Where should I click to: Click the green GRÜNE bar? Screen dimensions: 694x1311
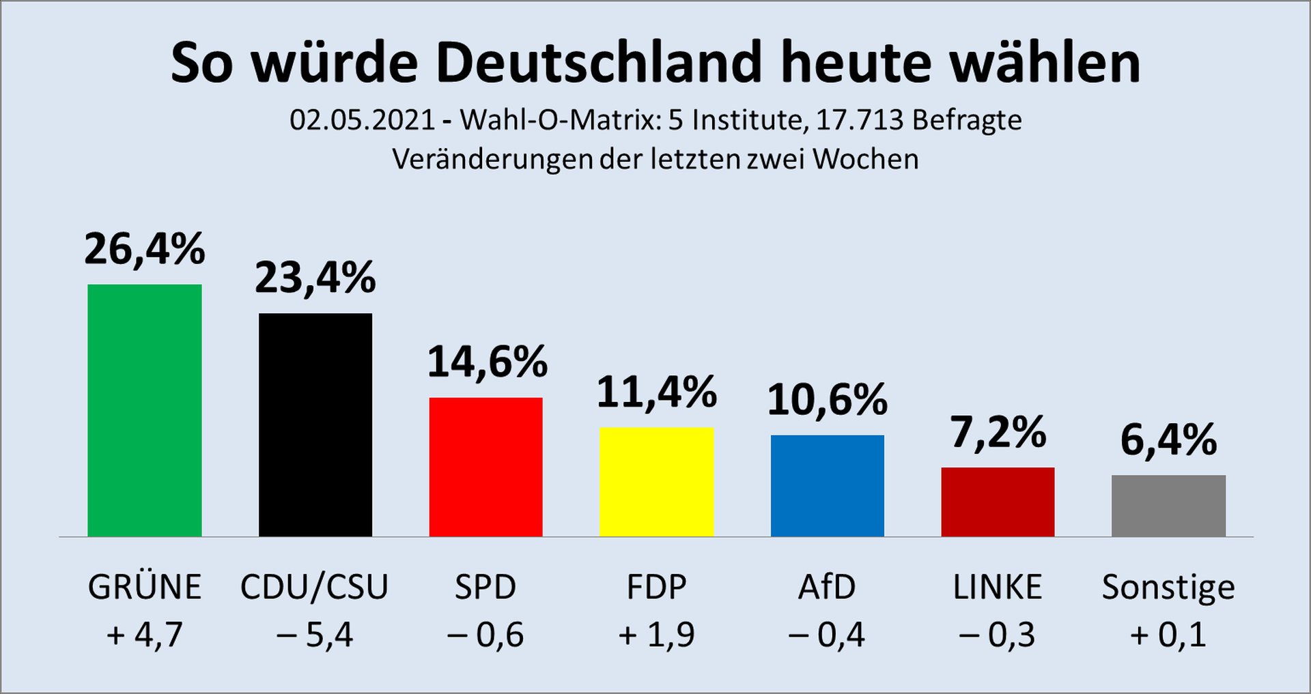[145, 410]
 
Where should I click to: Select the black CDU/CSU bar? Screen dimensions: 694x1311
[315, 424]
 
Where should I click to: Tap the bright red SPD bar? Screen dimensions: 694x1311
[485, 467]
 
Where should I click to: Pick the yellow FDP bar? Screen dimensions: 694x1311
[656, 482]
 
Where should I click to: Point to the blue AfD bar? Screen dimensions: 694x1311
[827, 486]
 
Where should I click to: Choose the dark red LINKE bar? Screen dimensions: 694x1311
[998, 502]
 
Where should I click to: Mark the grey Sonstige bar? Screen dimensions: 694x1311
[1168, 506]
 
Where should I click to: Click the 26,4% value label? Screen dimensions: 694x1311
[145, 249]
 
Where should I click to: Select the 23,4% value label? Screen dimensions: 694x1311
[315, 278]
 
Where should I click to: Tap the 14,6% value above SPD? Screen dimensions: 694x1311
[488, 362]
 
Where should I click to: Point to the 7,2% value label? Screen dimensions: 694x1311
[998, 433]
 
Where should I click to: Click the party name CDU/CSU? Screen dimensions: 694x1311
[314, 587]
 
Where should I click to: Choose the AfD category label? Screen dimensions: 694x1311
[827, 587]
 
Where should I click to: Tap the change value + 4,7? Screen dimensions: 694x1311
[145, 635]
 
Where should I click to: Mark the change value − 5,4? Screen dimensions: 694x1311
[315, 635]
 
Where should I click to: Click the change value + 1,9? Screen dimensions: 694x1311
[656, 635]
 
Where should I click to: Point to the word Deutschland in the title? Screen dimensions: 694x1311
[598, 63]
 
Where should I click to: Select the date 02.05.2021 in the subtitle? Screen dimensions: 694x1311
[363, 120]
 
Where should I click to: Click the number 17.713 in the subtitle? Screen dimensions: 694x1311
[860, 120]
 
